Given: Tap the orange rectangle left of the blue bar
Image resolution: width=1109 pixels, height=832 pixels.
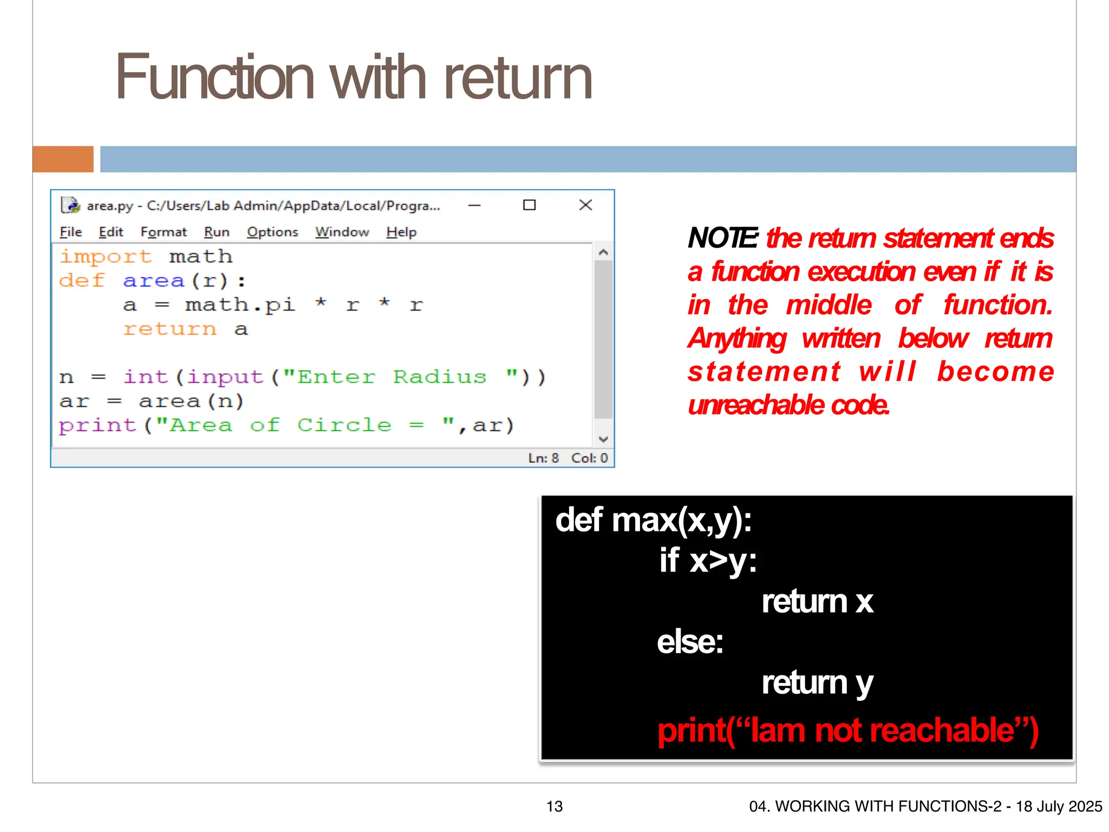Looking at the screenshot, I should click(63, 159).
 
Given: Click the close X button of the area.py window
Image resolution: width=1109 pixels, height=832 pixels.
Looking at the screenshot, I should click(585, 205).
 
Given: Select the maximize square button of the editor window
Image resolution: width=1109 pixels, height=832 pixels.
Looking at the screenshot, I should click(529, 205).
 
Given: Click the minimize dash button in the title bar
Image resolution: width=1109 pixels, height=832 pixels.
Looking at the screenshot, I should click(474, 205).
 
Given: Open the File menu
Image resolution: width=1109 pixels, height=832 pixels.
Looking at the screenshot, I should click(70, 232).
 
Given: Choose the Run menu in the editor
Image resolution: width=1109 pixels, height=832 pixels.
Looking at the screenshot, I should click(217, 232).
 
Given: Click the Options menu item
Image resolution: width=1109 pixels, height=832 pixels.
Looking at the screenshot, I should click(272, 232).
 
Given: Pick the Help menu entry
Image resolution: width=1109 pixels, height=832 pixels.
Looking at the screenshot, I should click(401, 232).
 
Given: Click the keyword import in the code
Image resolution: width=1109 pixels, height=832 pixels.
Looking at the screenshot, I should click(106, 256).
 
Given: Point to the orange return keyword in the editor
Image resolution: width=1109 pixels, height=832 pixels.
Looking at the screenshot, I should click(169, 329).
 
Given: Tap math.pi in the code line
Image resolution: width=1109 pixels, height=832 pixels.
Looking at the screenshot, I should click(240, 305).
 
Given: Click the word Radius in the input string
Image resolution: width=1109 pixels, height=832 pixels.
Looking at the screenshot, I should click(440, 377).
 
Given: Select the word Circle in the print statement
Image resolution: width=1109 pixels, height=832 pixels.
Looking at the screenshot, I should click(344, 425).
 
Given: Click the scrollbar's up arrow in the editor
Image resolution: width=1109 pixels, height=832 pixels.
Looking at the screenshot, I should click(604, 252).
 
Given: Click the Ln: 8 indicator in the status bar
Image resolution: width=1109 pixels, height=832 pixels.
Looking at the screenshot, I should click(543, 458).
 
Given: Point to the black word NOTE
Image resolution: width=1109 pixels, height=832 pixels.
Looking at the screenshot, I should click(722, 238).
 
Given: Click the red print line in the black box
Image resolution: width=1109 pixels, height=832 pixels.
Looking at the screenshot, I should click(847, 731).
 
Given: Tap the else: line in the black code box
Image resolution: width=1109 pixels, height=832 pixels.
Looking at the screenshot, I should click(690, 642).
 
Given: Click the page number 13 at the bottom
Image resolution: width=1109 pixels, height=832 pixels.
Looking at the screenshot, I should click(554, 807).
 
